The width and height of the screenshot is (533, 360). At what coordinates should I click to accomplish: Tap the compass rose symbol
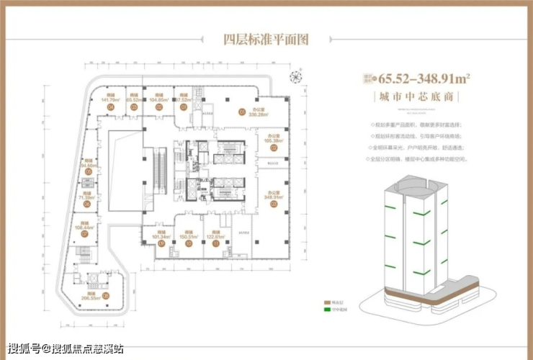295,77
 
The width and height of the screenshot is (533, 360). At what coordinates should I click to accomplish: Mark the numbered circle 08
106,294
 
